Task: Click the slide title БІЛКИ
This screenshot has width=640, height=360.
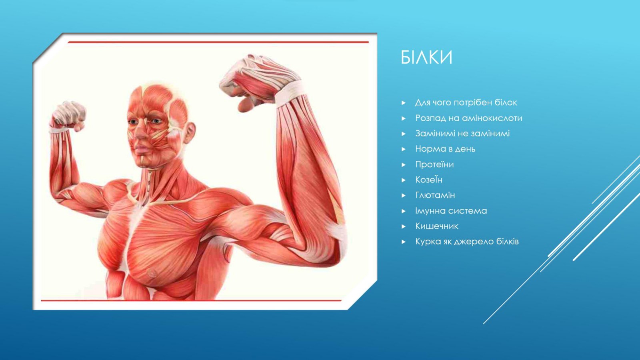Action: (x=426, y=58)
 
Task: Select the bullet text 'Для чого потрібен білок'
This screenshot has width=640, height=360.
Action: (x=466, y=102)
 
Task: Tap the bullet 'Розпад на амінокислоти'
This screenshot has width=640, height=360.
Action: (x=468, y=118)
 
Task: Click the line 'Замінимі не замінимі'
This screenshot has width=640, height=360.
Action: (x=462, y=134)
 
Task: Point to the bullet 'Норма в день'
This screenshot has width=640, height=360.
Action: (x=445, y=149)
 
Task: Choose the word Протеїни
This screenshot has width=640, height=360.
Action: (x=434, y=164)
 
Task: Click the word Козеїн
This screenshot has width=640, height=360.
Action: (x=429, y=180)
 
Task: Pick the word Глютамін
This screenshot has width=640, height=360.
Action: (x=435, y=195)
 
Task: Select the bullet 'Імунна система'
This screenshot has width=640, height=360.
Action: (x=451, y=211)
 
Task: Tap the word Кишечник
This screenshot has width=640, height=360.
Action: (x=436, y=226)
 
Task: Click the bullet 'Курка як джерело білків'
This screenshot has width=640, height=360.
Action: (x=467, y=242)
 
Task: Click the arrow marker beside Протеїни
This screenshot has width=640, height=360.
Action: (x=404, y=164)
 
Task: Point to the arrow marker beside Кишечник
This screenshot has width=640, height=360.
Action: (x=404, y=226)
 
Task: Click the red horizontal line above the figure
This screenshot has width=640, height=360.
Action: (x=218, y=42)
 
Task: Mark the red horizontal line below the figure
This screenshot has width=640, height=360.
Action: (x=191, y=300)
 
